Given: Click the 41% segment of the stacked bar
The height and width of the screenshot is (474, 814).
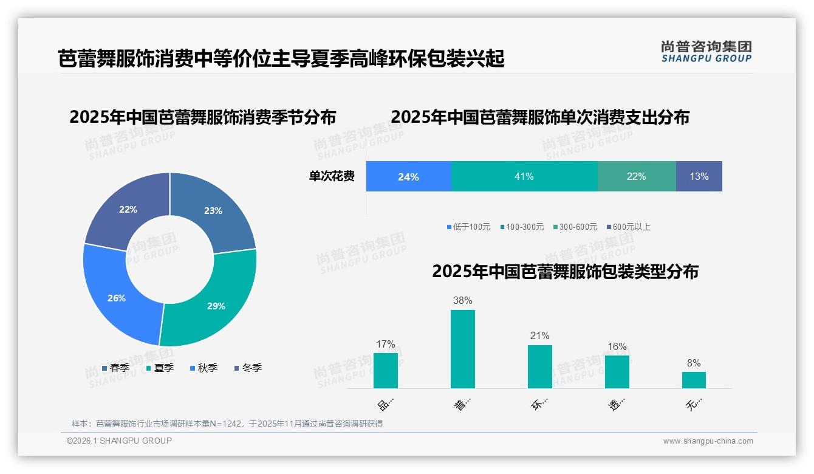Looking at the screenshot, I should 524,176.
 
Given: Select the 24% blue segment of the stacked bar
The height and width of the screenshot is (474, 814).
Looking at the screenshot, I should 408,177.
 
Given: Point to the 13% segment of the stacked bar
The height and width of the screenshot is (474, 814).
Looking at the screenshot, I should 699,176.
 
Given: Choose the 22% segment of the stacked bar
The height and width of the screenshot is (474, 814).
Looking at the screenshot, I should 636,176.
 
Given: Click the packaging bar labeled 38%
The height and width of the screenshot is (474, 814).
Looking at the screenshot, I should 462,349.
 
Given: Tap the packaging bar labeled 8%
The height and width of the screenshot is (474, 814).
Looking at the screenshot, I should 694,380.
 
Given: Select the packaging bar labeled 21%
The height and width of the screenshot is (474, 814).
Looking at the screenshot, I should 539,366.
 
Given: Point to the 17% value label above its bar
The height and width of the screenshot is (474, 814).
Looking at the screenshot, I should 385,345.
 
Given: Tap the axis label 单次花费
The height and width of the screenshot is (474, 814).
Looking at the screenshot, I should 332,177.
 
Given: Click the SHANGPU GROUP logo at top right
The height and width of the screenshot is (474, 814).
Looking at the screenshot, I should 706,52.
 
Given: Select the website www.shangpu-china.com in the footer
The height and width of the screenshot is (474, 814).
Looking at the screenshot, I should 708,441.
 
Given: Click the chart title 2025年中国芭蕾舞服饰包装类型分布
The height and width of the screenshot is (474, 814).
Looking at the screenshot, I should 565,271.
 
